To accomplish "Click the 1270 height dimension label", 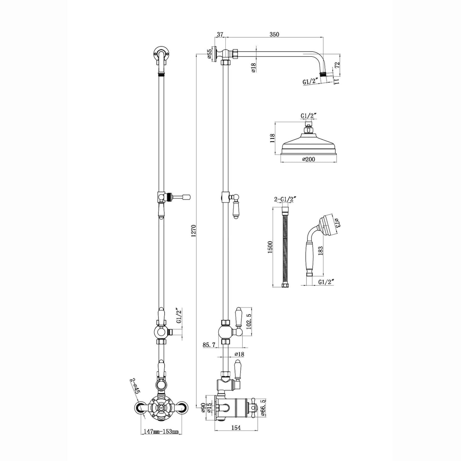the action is pyautogui.click(x=194, y=231).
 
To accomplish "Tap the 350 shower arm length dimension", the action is pyautogui.click(x=274, y=34).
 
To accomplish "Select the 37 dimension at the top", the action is pyautogui.click(x=220, y=34).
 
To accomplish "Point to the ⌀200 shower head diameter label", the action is pyautogui.click(x=309, y=159).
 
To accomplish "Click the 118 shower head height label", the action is pyautogui.click(x=272, y=138).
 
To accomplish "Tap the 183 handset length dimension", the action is pyautogui.click(x=321, y=251).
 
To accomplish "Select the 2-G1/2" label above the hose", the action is pyautogui.click(x=285, y=199).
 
